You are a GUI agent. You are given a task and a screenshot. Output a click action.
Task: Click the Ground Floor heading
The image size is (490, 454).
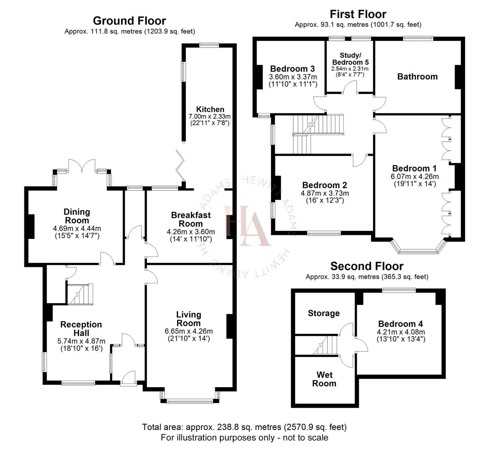click(x=129, y=21)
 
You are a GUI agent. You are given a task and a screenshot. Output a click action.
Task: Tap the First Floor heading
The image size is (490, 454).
click(x=358, y=14)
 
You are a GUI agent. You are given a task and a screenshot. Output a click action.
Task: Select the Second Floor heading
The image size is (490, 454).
click(x=366, y=266)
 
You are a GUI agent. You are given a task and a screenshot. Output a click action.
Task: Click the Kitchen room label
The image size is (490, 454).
click(x=210, y=109)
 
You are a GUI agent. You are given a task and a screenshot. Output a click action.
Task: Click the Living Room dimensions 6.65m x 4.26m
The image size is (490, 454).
click(x=188, y=331)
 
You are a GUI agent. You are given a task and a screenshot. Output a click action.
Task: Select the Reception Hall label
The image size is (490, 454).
click(x=81, y=328)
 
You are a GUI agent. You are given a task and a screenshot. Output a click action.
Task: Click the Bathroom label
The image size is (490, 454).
click(x=417, y=77)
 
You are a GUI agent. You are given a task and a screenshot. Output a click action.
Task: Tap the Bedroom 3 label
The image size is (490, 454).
click(x=292, y=69)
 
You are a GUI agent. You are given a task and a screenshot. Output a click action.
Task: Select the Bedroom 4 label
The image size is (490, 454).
click(x=400, y=324)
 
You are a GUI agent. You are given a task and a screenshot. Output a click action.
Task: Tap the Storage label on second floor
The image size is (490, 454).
click(x=323, y=313)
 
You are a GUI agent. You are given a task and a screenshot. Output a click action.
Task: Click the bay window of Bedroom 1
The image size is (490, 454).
click(x=418, y=250)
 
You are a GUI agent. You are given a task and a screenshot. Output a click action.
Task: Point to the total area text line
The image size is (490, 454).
click(x=244, y=427)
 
